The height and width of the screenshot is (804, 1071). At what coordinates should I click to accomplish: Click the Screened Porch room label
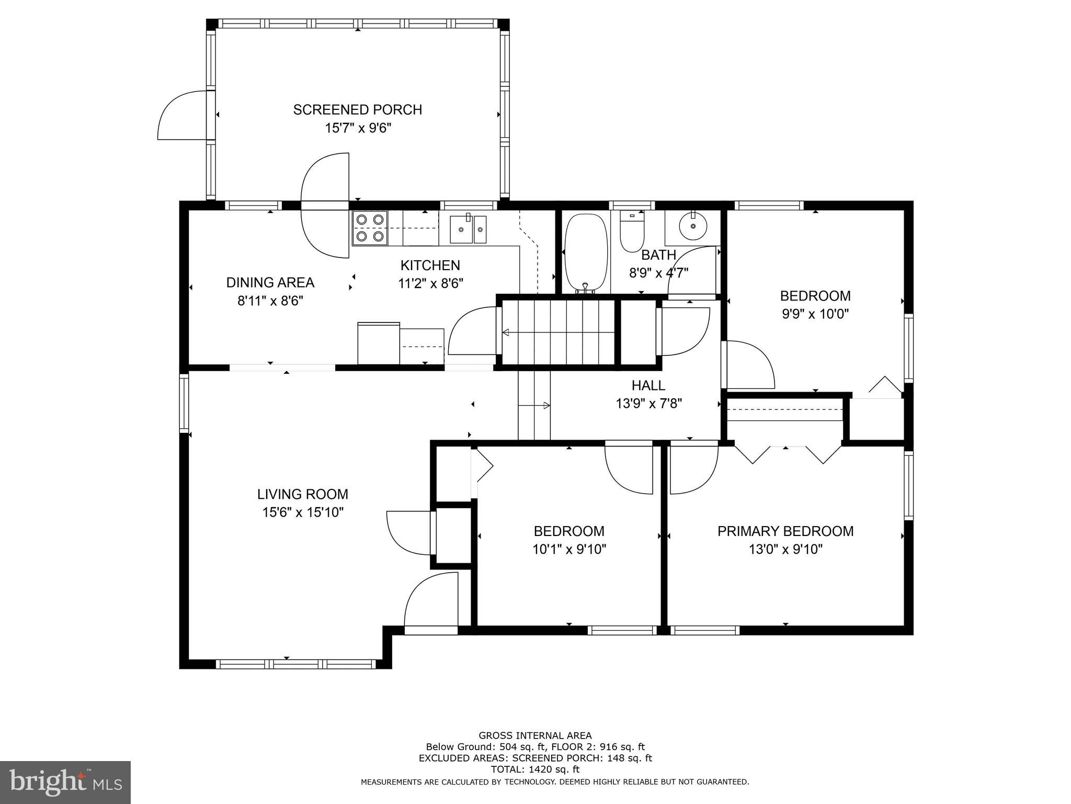click(x=357, y=110)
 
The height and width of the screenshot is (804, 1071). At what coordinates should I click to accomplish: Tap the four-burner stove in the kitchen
click(x=370, y=228)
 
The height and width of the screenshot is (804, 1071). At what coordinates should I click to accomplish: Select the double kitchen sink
click(x=469, y=229)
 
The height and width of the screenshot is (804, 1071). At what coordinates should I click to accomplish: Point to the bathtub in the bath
click(x=586, y=253)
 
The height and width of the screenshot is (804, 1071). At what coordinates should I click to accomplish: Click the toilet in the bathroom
click(x=632, y=231)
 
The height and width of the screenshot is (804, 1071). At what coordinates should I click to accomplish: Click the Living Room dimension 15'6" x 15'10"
click(x=303, y=512)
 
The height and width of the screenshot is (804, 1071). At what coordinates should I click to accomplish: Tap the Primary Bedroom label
click(x=785, y=531)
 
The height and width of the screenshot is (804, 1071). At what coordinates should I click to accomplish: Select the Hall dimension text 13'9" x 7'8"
click(x=648, y=404)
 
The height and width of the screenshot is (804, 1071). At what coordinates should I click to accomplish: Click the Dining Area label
click(x=270, y=283)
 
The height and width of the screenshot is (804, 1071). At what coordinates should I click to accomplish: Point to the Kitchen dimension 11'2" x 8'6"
click(x=430, y=283)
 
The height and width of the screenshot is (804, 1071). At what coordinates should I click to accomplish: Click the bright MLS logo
click(x=65, y=783)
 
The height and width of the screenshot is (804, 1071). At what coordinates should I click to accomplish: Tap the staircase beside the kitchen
click(x=558, y=332)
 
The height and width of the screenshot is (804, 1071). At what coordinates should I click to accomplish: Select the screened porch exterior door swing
click(x=183, y=115)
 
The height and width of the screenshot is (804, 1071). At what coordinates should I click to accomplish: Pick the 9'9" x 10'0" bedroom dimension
click(x=815, y=314)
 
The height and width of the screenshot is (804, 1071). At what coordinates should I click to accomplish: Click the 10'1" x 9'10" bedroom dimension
click(x=569, y=549)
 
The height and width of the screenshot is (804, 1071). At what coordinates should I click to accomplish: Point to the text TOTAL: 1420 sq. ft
click(x=535, y=769)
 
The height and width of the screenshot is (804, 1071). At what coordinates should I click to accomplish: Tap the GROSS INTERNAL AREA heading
click(x=535, y=735)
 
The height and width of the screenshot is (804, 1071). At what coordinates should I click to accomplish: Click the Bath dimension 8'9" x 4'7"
click(x=658, y=273)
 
